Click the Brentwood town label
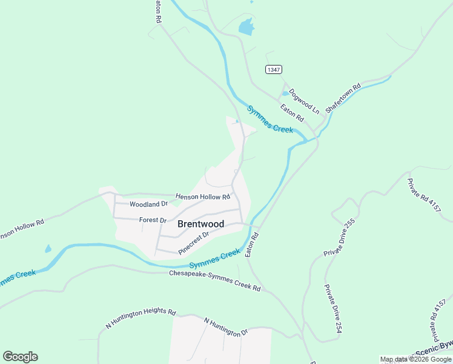pyautogui.click(x=200, y=224)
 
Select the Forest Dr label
pyautogui.click(x=153, y=220)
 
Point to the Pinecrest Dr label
pyautogui.click(x=194, y=243)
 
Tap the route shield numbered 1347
pyautogui.click(x=274, y=70)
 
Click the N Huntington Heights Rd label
pyautogui.click(x=141, y=317)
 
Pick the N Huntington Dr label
pyautogui.click(x=226, y=327)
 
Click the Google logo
pyautogui.click(x=20, y=357)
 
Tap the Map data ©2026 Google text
pyautogui.click(x=415, y=359)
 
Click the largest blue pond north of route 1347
pyautogui.click(x=246, y=26)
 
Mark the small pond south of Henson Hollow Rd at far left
pyautogui.click(x=47, y=249)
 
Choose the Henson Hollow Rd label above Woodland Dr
pyautogui.click(x=203, y=197)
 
